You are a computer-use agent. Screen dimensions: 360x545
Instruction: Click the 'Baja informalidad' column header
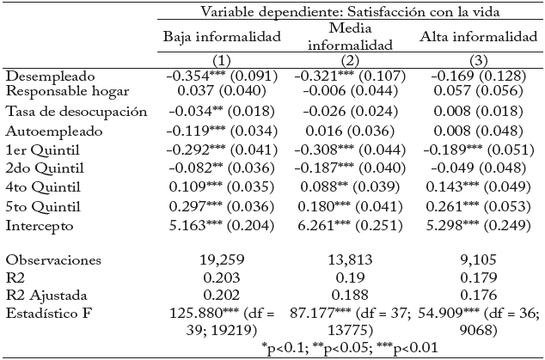tap(223, 38)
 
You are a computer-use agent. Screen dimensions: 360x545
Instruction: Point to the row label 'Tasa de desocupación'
tap(77, 112)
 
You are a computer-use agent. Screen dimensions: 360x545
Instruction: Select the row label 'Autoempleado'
tap(53, 131)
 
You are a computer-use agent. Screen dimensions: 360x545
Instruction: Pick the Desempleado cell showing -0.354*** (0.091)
tap(223, 76)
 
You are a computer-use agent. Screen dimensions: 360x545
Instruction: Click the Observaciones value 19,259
tap(223, 259)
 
